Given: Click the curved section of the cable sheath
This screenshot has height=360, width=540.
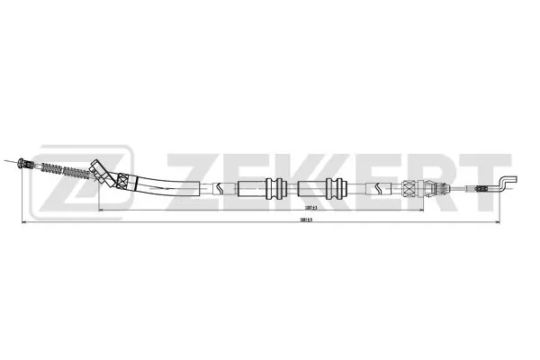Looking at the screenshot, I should (x=162, y=184).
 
